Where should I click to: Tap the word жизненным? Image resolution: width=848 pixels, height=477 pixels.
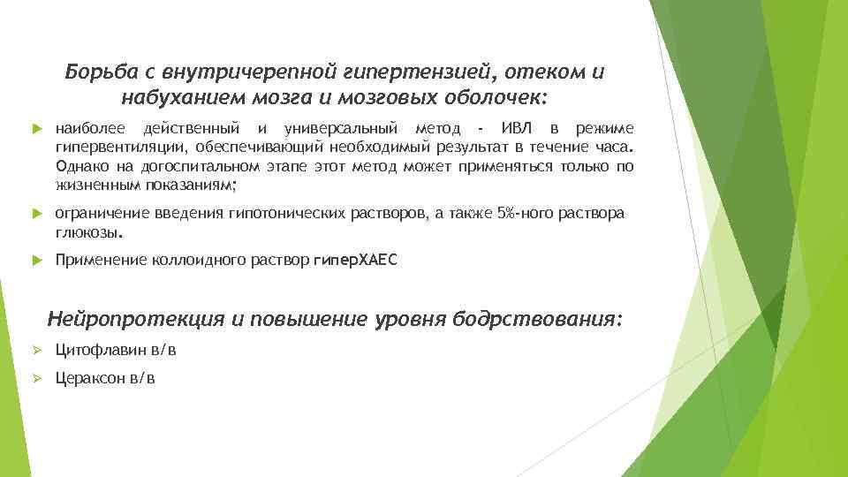click(92, 185)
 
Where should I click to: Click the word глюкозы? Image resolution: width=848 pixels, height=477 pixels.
click(88, 233)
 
